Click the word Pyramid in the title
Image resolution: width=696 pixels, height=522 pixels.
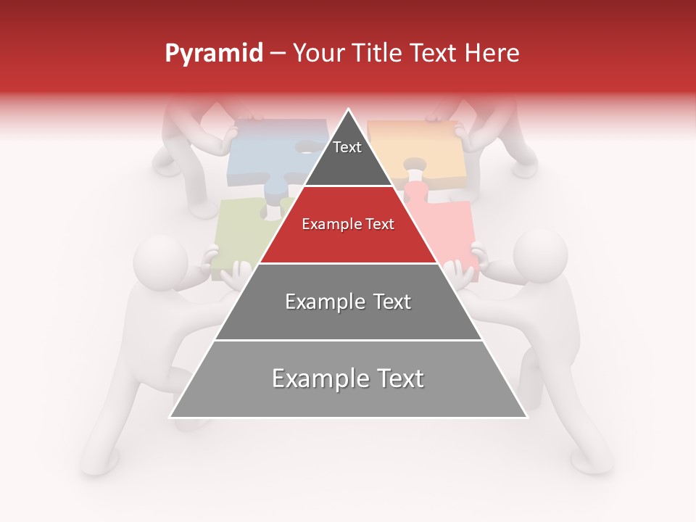(x=213, y=54)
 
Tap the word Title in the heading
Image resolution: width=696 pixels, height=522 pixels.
(x=380, y=54)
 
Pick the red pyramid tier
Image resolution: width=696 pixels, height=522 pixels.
(x=348, y=225)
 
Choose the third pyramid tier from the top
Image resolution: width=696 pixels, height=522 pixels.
(x=348, y=302)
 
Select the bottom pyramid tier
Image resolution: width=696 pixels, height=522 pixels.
(x=348, y=379)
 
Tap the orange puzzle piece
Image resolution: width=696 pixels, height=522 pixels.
(x=420, y=145)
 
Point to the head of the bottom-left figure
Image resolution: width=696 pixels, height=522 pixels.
(x=160, y=262)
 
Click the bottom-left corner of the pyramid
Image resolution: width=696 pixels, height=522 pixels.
(x=170, y=417)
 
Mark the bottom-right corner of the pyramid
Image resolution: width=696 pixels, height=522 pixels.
(x=526, y=417)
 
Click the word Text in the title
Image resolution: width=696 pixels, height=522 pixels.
(x=435, y=54)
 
